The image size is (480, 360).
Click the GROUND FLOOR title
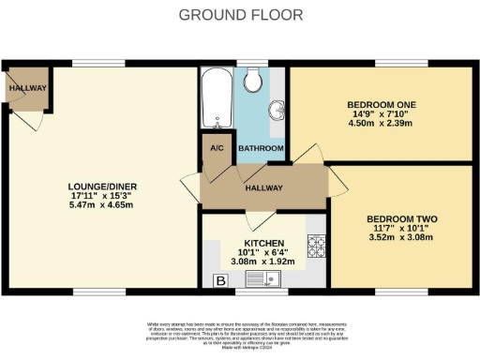point(240,14)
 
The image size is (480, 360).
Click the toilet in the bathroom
point(251,82)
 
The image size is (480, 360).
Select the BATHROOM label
point(260,148)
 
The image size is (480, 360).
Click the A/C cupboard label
point(217,148)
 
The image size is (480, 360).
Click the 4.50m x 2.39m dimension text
point(381,123)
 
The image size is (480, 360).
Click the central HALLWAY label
point(262,187)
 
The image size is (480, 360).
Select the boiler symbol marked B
point(221,280)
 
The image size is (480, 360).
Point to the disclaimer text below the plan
point(240,336)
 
